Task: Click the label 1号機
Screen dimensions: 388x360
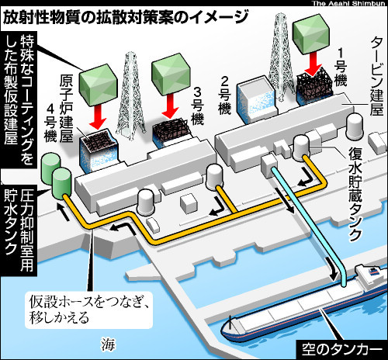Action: click(341, 67)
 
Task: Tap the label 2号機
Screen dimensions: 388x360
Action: click(224, 95)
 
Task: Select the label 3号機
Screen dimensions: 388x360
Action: click(197, 106)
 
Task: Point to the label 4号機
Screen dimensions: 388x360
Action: click(50, 123)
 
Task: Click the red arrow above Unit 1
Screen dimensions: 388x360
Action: click(314, 64)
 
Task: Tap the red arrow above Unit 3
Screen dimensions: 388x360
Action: click(170, 106)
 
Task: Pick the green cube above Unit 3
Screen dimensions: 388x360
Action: click(171, 74)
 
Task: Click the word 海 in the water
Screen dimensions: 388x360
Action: click(108, 344)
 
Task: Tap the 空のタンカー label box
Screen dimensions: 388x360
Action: click(340, 350)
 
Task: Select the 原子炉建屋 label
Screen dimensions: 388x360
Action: click(67, 109)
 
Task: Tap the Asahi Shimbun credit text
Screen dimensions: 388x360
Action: click(348, 3)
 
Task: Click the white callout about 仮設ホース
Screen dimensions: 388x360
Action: click(88, 310)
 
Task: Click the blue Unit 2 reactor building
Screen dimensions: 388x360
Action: click(257, 99)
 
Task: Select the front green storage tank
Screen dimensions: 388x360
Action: click(61, 183)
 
